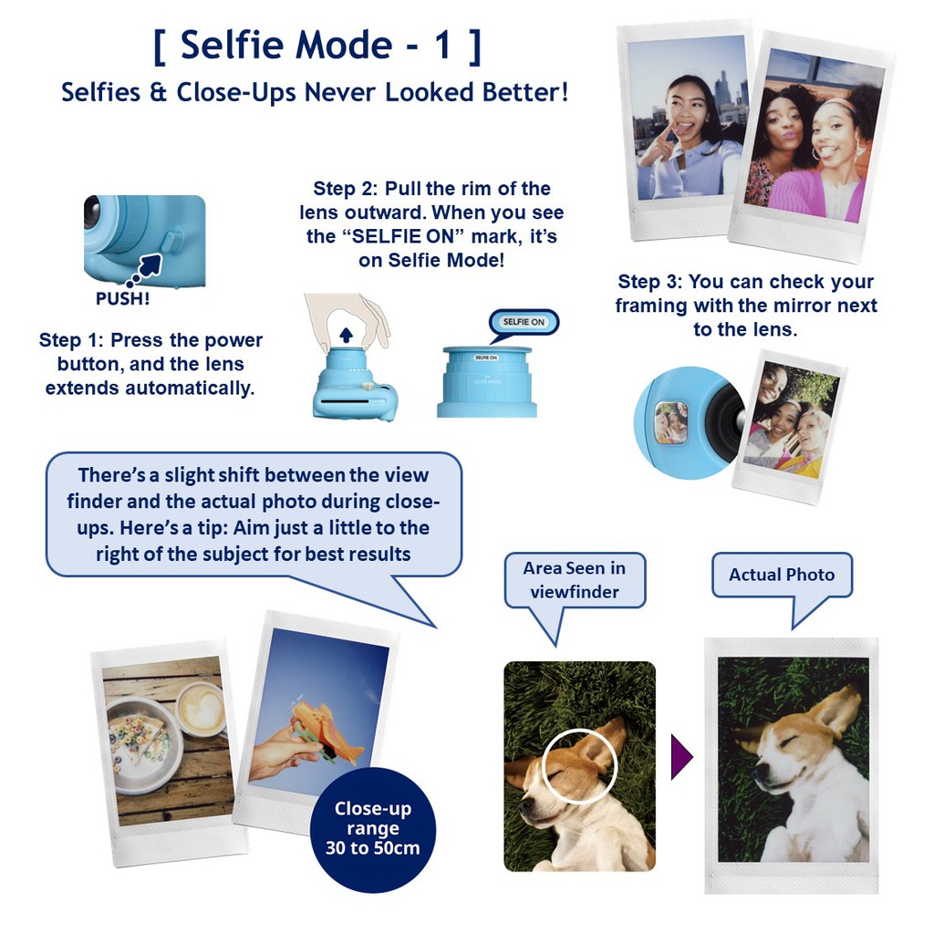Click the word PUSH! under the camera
coord(123,298)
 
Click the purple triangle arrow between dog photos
coord(681,757)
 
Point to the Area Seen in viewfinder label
coord(575,579)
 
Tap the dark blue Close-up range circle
coord(373,830)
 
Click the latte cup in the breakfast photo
coord(202,710)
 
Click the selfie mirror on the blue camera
coord(671,422)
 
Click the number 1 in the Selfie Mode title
coord(442,45)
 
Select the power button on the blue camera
coord(170,244)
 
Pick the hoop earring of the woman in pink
coord(817,152)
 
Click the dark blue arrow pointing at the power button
coord(148,266)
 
